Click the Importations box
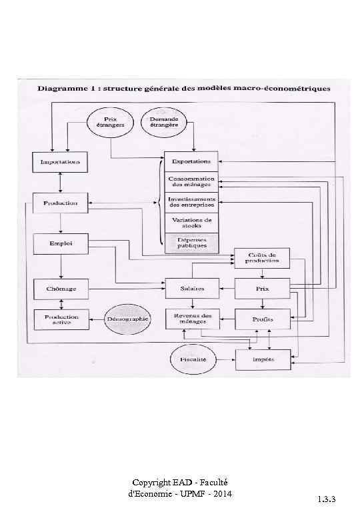click(x=61, y=162)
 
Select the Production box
click(x=61, y=203)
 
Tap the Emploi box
click(x=61, y=244)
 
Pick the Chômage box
click(x=61, y=289)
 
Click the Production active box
click(x=61, y=320)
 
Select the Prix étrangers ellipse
click(x=110, y=123)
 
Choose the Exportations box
click(x=191, y=162)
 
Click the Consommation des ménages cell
click(x=191, y=182)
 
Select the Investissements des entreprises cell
click(x=191, y=202)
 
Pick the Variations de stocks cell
click(x=191, y=223)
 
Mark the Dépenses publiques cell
click(x=191, y=242)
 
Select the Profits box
click(x=263, y=320)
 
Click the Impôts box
click(x=263, y=359)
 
